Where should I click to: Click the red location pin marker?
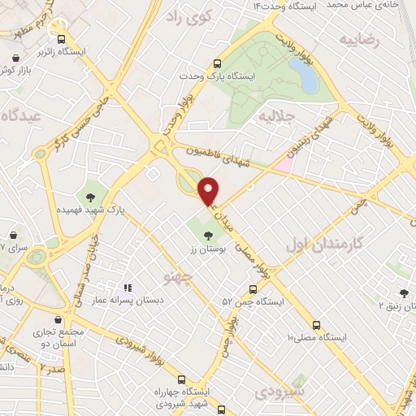pos(209,190)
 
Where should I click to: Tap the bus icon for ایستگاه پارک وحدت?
pos(217,64)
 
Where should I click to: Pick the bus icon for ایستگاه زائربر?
pos(59,37)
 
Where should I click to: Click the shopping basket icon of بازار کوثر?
pos(19,58)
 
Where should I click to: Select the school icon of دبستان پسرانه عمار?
pos(127,288)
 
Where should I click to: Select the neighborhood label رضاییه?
pos(360,39)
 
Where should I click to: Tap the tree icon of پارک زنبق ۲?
pos(404,293)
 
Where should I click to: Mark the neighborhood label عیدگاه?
pos(22,115)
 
